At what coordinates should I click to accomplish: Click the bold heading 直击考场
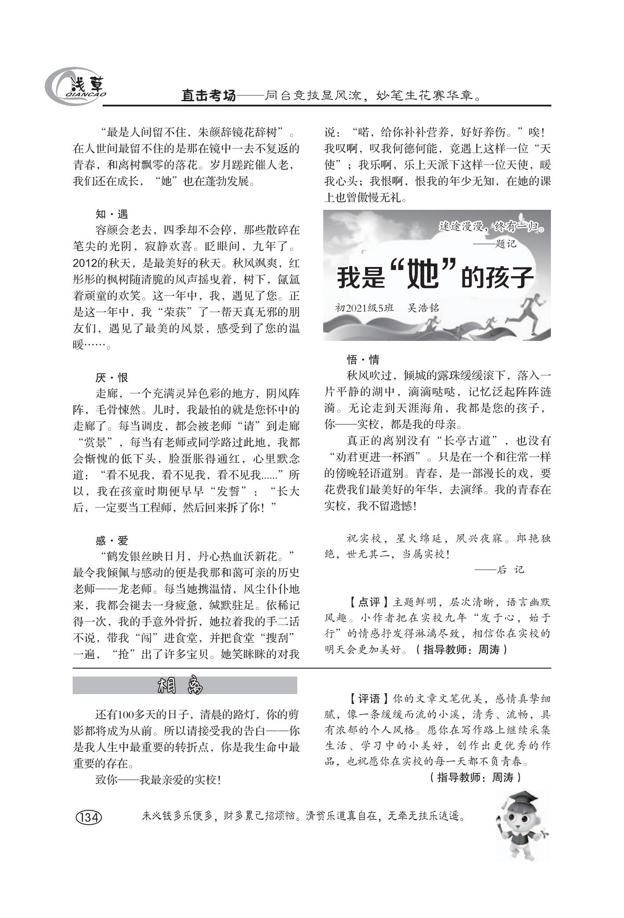208,95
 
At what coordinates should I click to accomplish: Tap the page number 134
89,817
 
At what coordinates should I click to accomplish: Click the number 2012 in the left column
84,263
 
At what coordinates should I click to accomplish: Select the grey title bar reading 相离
185,685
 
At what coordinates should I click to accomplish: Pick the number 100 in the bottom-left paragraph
127,714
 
